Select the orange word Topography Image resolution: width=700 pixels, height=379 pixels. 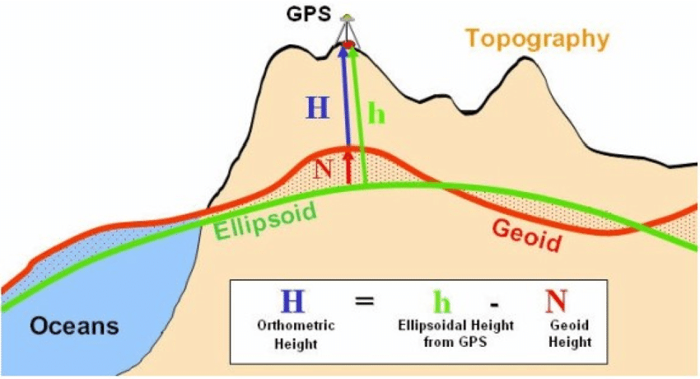pyautogui.click(x=537, y=38)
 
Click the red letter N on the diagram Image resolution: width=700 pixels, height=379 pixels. pyautogui.click(x=324, y=169)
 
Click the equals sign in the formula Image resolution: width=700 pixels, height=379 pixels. pyautogui.click(x=364, y=300)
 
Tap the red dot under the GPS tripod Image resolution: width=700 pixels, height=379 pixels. pyautogui.click(x=348, y=44)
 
